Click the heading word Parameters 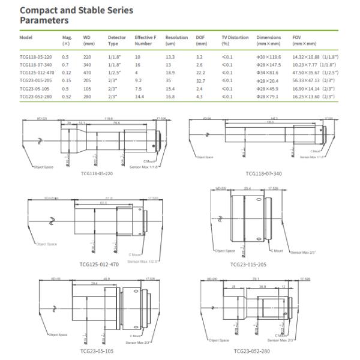pyautogui.click(x=44, y=20)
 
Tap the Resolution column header pyautogui.click(x=176, y=37)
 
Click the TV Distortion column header pyautogui.click(x=234, y=37)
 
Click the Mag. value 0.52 pyautogui.click(x=67, y=95)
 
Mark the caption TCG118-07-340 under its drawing pyautogui.click(x=263, y=173)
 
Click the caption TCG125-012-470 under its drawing pyautogui.click(x=99, y=263)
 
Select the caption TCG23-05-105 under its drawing pyautogui.click(x=98, y=351)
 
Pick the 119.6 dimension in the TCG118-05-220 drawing pyautogui.click(x=108, y=119)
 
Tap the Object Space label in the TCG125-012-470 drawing pyautogui.click(x=46, y=244)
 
